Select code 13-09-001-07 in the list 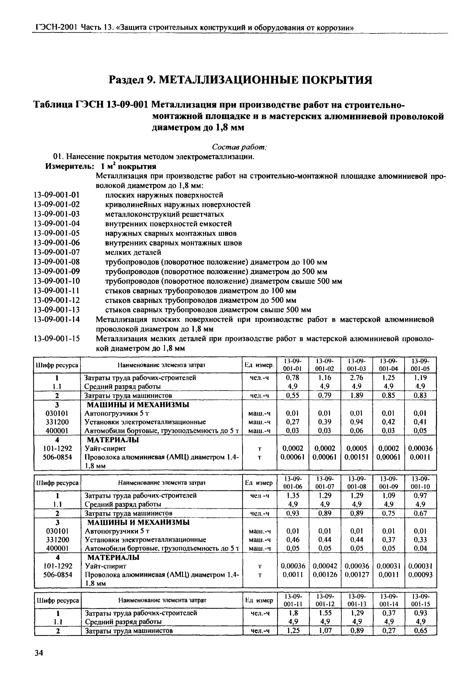(57, 252)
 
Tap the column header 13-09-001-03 (357, 365)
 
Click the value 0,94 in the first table (357, 422)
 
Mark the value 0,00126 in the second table (325, 575)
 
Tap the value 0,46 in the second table (293, 539)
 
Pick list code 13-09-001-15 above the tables (57, 339)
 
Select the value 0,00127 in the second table (357, 575)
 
